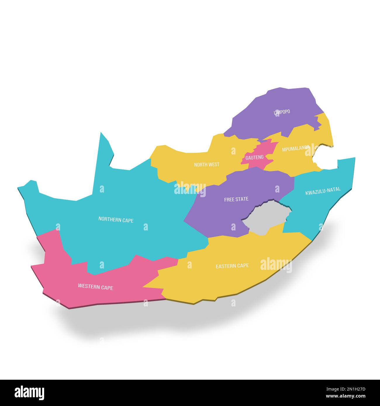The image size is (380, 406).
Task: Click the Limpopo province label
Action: [x=282, y=112]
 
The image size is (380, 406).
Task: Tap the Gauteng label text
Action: [x=254, y=157]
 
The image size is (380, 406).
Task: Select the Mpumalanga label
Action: [x=296, y=149]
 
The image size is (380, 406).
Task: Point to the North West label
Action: [x=207, y=165]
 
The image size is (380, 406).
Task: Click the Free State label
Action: [x=236, y=199]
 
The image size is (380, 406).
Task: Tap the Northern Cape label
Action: [x=116, y=220]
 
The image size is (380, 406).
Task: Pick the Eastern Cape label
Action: [x=232, y=266]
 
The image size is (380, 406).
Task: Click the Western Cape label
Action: [x=95, y=287]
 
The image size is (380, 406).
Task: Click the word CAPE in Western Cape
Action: [x=107, y=288]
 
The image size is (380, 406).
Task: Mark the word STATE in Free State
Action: [x=242, y=199]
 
